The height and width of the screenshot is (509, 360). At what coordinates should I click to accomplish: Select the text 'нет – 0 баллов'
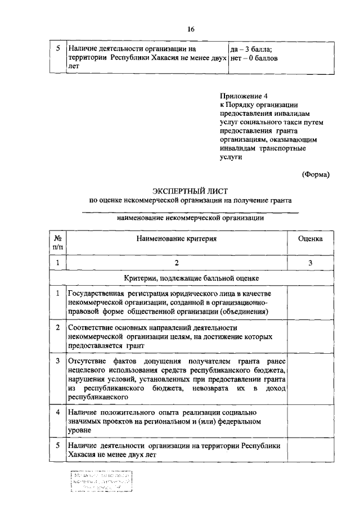coord(254,57)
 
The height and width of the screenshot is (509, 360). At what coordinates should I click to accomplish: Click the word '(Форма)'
coord(316,174)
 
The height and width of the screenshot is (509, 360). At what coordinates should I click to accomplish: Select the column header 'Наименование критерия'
coord(175,238)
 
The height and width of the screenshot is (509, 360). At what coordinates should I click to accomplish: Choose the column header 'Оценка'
coord(310,238)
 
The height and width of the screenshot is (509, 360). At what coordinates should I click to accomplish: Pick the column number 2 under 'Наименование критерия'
coord(176,263)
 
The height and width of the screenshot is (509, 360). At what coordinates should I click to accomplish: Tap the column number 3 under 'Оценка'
coord(310,263)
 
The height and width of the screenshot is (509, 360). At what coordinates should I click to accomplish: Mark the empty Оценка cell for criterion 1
coord(310,302)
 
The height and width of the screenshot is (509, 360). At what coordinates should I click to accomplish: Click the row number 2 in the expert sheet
coord(57,327)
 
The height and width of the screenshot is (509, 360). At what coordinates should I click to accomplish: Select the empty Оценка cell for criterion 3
coord(310,378)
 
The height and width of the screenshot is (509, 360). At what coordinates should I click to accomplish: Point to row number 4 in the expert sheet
coord(57,412)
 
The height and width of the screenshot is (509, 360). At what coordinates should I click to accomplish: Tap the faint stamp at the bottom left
coord(101,482)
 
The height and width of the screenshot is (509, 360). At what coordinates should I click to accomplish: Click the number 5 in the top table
coord(57,49)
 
